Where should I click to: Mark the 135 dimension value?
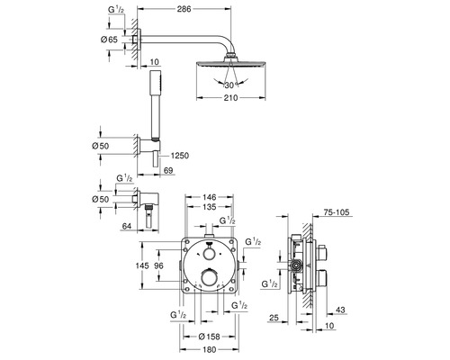[x=209, y=206]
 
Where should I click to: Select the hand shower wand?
[x=154, y=106]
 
